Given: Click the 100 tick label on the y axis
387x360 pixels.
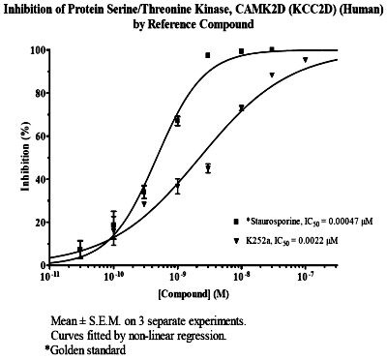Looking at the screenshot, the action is [38, 50].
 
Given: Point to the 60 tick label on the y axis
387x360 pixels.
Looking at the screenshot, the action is [40, 136].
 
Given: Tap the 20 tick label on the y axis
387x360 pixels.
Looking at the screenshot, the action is [40, 223].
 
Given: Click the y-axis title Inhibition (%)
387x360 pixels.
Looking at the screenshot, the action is [25, 157].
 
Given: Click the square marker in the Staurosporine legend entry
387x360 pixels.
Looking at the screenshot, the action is [236, 222].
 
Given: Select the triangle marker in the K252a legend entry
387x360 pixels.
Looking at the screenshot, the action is [236, 240].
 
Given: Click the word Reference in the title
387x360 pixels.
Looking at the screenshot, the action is [172, 24].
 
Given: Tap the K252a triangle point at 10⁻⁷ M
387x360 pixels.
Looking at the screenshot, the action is [305, 59].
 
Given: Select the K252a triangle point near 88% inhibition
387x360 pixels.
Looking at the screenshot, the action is [272, 75].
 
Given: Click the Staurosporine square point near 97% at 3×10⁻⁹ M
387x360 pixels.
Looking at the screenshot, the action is [207, 55].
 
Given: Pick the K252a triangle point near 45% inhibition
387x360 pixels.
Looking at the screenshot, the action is [208, 167].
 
